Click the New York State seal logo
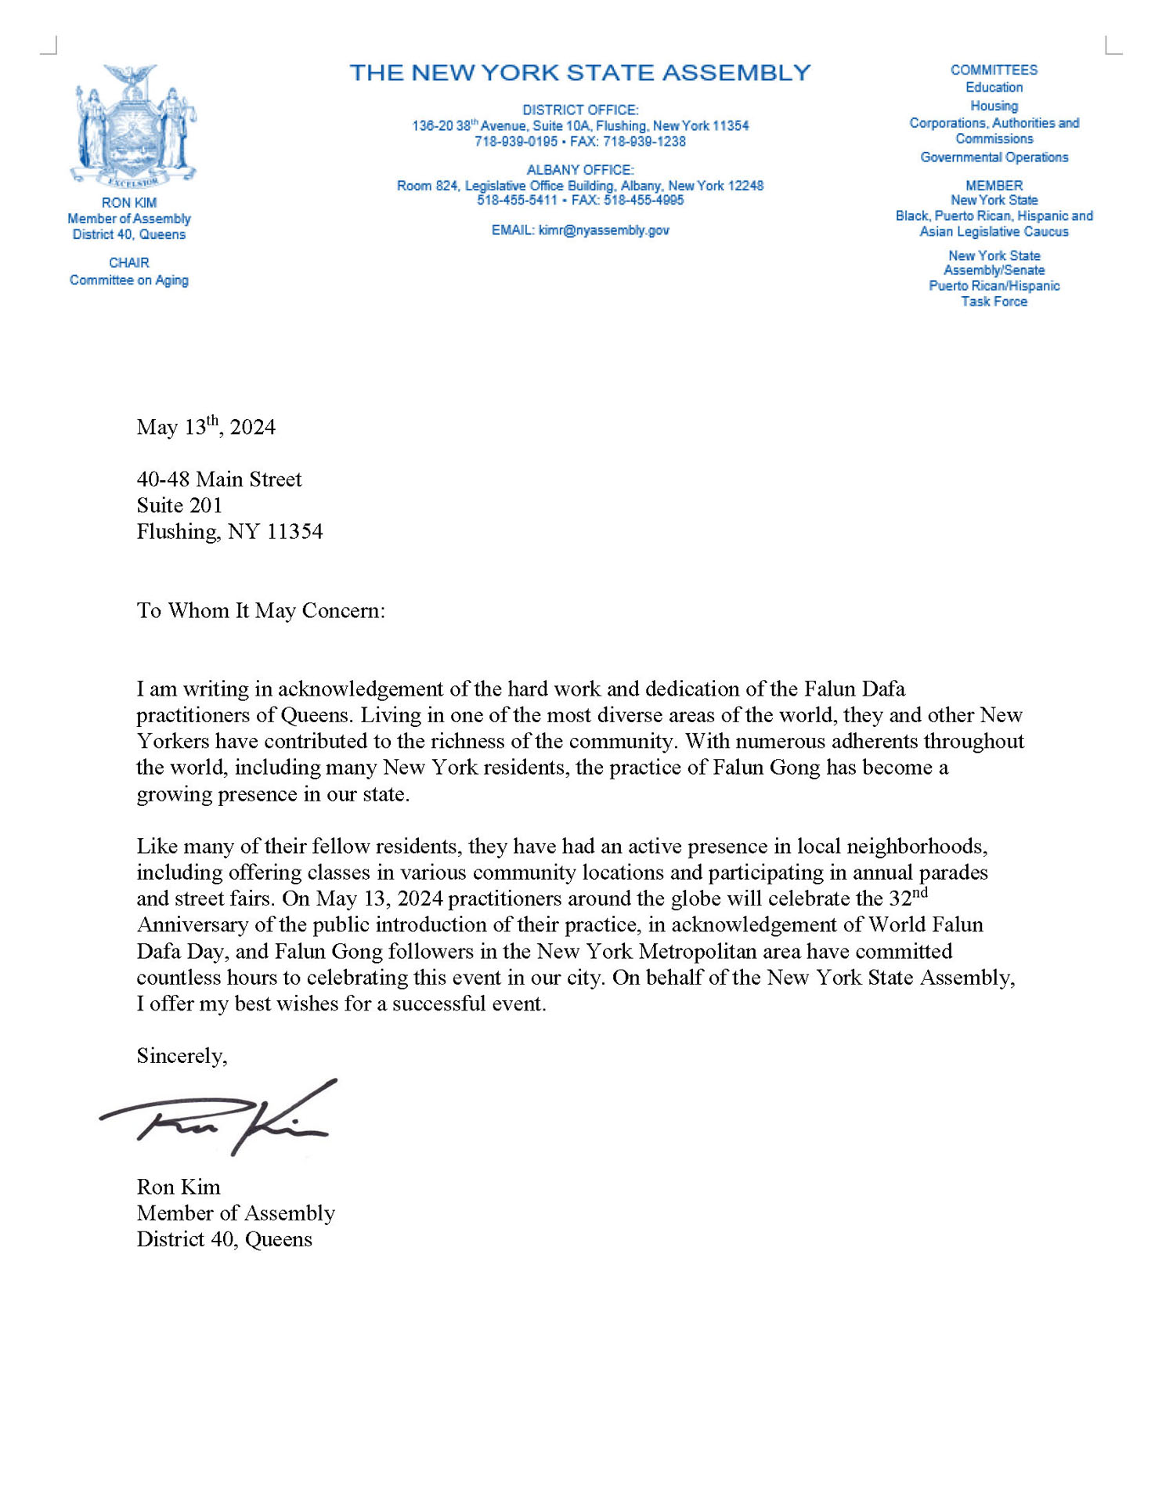(135, 126)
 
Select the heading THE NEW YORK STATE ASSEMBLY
(579, 73)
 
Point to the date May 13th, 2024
(206, 427)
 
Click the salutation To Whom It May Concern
(261, 611)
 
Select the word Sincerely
(182, 1056)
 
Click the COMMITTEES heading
(994, 70)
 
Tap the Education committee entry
(994, 88)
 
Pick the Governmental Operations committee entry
(994, 157)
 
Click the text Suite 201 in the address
(179, 505)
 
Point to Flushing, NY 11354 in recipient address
(229, 532)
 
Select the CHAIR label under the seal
(129, 262)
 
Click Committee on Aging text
(129, 280)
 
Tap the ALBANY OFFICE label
(579, 170)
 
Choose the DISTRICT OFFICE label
(580, 110)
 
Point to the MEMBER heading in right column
(994, 186)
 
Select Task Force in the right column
(994, 302)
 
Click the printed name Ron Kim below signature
(179, 1187)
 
